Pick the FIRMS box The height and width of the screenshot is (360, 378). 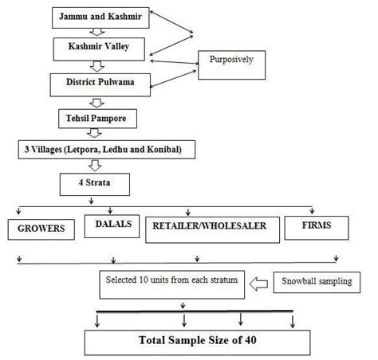point(317,225)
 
